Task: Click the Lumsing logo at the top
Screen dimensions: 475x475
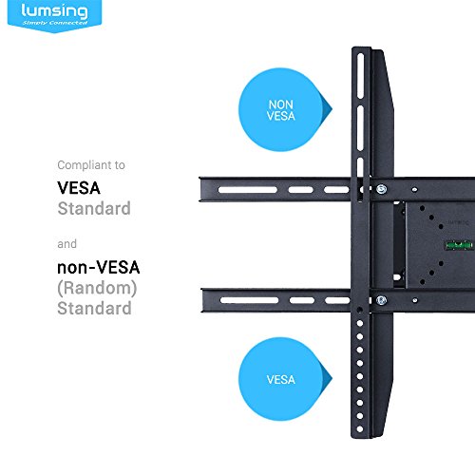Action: pos(54,14)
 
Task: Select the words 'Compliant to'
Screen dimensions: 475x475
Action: pos(91,165)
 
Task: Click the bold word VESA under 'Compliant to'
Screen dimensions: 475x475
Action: pos(79,188)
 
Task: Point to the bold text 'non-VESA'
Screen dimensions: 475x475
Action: pos(99,268)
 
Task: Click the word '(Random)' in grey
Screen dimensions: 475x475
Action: pos(97,288)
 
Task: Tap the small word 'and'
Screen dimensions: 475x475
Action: pos(66,244)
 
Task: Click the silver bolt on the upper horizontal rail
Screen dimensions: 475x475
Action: pos(382,189)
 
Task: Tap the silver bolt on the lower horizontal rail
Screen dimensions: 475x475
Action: pos(381,300)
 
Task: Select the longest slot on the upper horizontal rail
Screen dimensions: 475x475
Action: pos(248,190)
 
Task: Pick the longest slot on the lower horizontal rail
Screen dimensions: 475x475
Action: pos(249,300)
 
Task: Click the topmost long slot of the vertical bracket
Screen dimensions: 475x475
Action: pos(360,76)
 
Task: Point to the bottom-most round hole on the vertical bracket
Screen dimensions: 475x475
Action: pos(360,429)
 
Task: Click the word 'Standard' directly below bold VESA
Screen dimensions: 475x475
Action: pos(94,209)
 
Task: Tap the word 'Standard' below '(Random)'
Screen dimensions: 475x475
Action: pos(94,309)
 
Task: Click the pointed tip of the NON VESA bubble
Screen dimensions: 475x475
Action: pos(332,109)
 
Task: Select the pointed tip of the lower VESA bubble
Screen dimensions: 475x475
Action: pos(332,378)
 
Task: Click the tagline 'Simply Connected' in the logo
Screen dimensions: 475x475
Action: pos(55,23)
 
